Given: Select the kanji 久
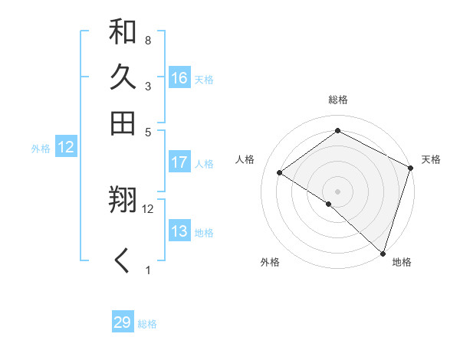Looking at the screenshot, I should click(123, 78).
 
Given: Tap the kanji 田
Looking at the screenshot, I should click(123, 123).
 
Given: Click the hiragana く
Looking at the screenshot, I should click(123, 261).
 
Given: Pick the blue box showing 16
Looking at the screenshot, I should click(179, 78).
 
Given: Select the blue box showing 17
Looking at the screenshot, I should click(179, 162).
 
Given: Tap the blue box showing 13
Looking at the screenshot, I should click(179, 231).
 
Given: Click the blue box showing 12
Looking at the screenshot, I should click(66, 148).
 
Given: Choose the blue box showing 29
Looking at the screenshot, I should click(123, 322).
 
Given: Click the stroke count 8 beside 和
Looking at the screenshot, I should click(147, 40).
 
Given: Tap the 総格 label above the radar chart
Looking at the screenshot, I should click(337, 100).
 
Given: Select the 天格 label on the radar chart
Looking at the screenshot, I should click(431, 159).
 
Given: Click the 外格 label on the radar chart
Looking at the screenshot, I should click(270, 262).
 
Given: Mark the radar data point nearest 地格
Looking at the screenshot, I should click(383, 252).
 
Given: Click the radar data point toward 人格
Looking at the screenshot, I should click(280, 172).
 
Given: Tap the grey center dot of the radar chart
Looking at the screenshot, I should click(337, 191).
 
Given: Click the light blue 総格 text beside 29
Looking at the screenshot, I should click(147, 324).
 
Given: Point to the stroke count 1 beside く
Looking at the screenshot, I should click(148, 270).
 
